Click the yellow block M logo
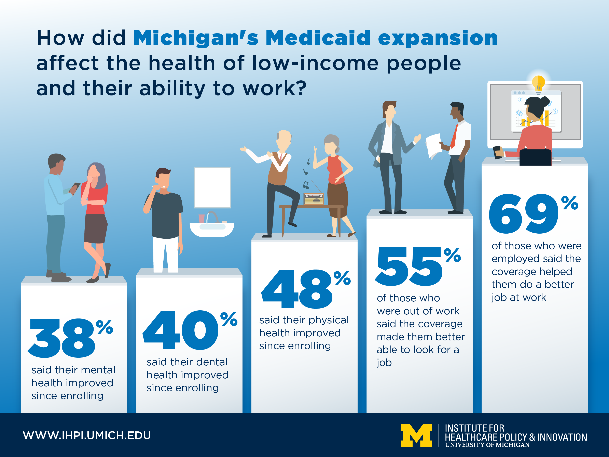(x=416, y=435)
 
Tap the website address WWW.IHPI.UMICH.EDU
(x=87, y=435)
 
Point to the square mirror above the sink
(x=212, y=187)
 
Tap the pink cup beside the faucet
(x=202, y=218)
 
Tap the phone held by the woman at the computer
(x=498, y=152)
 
